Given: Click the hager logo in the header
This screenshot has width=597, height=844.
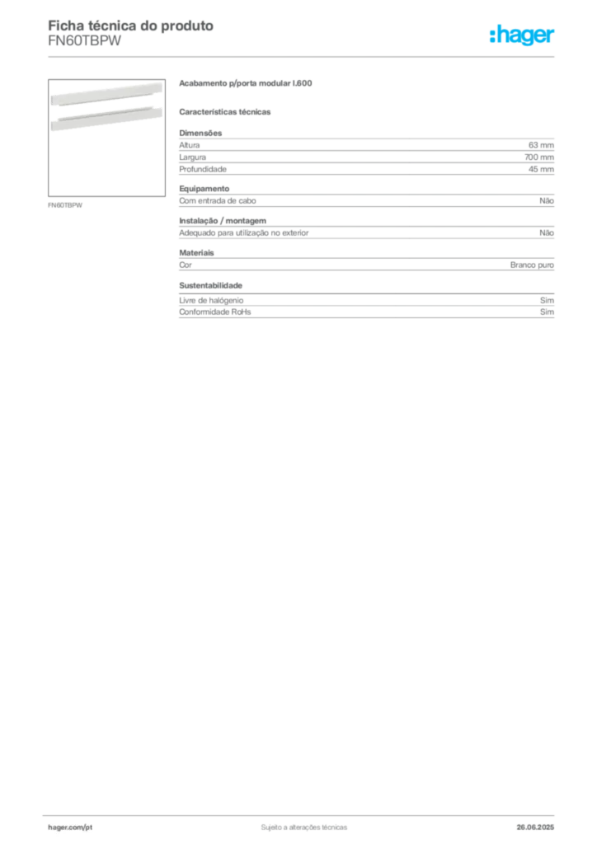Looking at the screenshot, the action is [x=521, y=35].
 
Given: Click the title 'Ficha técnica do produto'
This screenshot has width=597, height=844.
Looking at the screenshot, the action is [x=131, y=26].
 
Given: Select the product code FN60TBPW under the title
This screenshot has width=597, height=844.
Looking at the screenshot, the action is [x=84, y=41].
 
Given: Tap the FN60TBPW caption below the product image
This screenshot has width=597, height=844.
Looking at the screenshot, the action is [x=65, y=205].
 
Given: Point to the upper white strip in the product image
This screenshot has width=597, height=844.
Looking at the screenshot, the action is [x=106, y=94].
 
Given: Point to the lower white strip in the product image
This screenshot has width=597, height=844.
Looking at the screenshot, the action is [x=106, y=119].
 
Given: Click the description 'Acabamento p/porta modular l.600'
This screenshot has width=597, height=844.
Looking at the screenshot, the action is [x=246, y=83].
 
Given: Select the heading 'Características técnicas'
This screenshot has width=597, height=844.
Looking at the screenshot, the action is [x=225, y=112].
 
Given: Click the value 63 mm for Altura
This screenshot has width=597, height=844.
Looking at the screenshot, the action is [x=541, y=145].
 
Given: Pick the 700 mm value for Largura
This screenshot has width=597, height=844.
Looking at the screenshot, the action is [x=538, y=157].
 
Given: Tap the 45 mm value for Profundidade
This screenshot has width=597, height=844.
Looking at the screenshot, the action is [x=541, y=169].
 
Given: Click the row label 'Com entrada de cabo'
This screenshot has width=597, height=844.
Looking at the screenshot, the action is [x=218, y=201].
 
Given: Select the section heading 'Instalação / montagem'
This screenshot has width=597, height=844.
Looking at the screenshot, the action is [x=223, y=221].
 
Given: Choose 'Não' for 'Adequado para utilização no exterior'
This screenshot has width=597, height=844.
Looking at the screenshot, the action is [x=547, y=233].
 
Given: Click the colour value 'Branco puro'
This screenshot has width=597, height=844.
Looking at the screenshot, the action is [x=532, y=265].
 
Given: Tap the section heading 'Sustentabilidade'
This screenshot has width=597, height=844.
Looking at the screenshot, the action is [x=210, y=285].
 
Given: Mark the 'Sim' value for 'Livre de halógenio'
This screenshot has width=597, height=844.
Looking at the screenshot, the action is [x=547, y=300].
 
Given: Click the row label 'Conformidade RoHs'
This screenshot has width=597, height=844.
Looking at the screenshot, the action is [x=214, y=312].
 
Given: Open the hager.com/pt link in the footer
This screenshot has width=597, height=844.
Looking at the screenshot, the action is [x=70, y=828].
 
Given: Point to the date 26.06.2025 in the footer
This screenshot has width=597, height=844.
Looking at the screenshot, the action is [x=535, y=828].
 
